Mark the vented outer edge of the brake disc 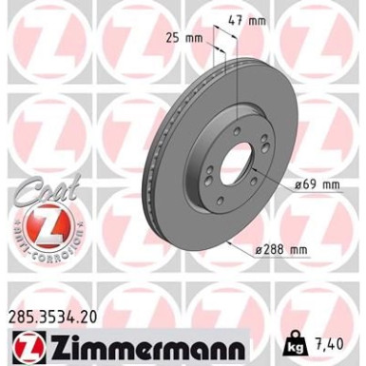150,171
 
